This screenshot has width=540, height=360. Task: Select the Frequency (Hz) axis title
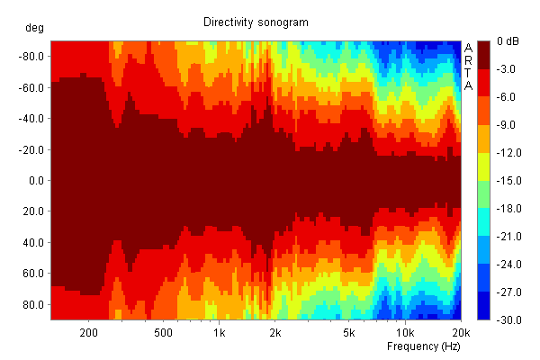coord(424,346)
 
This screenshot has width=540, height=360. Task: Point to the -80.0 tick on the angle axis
coord(32,57)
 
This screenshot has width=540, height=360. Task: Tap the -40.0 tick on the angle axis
coord(32,119)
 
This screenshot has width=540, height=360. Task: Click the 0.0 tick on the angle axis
coord(37,180)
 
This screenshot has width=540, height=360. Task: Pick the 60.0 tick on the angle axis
coord(34,274)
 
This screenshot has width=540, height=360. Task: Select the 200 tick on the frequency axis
coord(88,333)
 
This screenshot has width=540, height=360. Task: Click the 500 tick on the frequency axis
coord(163,333)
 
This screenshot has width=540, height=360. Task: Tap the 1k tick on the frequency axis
coord(219,333)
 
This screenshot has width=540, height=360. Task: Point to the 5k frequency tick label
coord(348,333)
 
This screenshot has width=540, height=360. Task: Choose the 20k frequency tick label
coord(461,333)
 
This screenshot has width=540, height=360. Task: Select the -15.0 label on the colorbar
coord(508,181)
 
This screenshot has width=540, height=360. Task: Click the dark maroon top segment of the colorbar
coord(483,55)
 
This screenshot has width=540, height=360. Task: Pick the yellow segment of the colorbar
coord(483,166)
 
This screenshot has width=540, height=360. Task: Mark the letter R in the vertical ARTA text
coord(468,60)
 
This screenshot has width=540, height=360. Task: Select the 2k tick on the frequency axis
coord(275,333)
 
